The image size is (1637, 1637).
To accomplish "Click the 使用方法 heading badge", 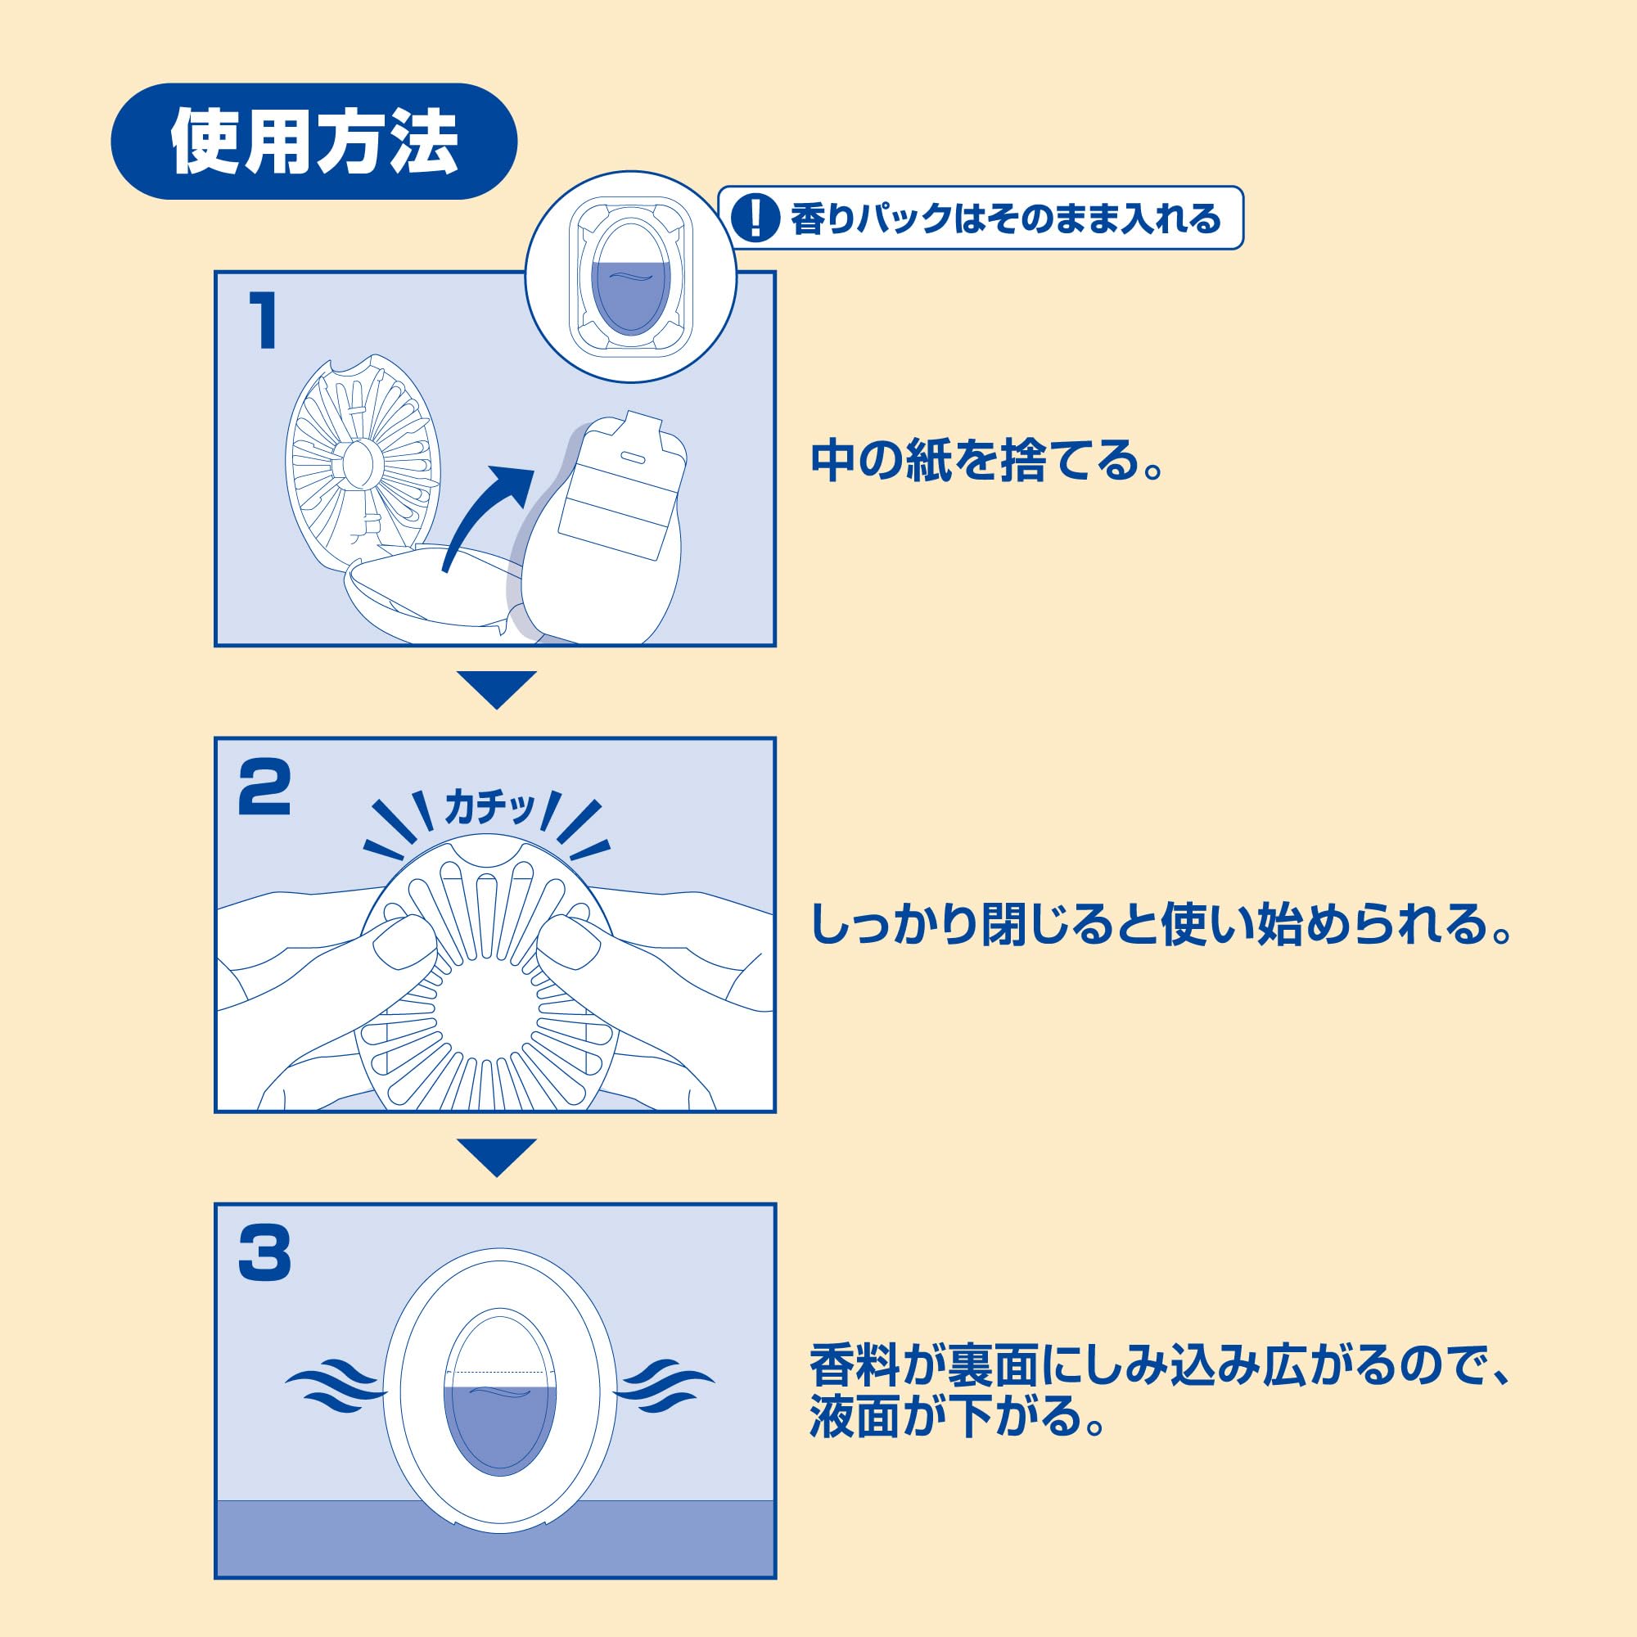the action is [x=313, y=142].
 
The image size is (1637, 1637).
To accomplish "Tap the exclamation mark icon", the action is [x=754, y=219].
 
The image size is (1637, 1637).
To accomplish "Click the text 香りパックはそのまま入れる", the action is [x=1005, y=219].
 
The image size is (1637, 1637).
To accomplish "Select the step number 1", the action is [x=264, y=320].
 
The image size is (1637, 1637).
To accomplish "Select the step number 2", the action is [x=264, y=788].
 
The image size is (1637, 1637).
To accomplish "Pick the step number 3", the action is [x=264, y=1254].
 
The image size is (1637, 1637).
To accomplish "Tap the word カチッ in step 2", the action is [x=490, y=808].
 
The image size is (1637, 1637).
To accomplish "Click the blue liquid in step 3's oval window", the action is [x=500, y=1432].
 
